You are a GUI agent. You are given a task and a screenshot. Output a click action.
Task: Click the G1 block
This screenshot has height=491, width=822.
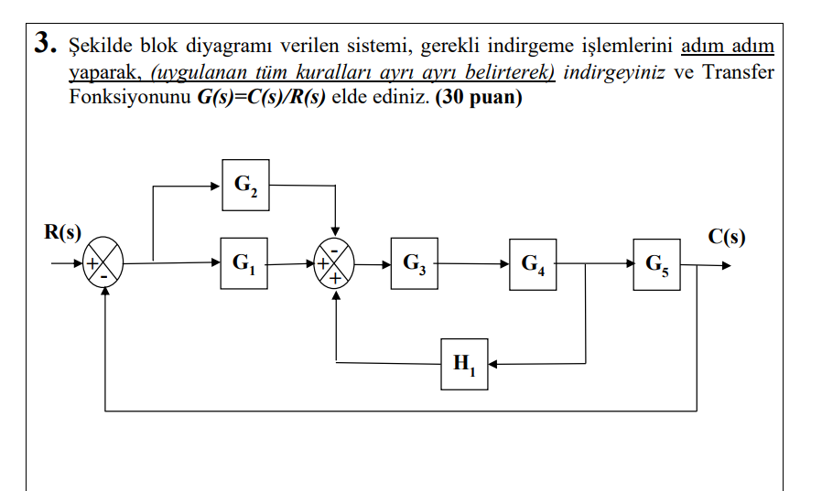click(x=243, y=264)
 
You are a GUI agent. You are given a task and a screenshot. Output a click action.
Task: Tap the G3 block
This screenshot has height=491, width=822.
click(x=414, y=264)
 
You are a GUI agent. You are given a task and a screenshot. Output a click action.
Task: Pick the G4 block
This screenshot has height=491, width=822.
click(x=533, y=265)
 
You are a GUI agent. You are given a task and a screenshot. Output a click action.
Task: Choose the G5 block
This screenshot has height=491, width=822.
click(x=655, y=265)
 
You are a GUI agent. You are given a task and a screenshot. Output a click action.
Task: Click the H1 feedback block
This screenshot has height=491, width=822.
click(x=464, y=363)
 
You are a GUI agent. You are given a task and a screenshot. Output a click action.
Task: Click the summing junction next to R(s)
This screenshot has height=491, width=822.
click(x=103, y=265)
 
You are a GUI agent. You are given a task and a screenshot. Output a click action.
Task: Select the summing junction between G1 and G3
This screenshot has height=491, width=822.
click(x=336, y=264)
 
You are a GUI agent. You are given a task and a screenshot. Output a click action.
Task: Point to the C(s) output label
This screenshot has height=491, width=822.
click(x=727, y=238)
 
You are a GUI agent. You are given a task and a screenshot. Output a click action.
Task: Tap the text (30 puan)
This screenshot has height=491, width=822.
click(x=479, y=98)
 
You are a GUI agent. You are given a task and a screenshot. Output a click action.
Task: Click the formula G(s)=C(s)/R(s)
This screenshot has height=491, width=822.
click(x=262, y=98)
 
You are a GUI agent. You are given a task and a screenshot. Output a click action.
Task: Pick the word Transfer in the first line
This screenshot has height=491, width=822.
click(x=738, y=72)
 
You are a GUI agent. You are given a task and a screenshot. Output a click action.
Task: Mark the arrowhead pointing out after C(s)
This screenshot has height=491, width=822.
click(x=726, y=266)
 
